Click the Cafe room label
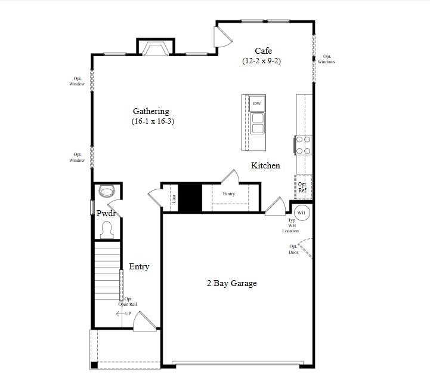(264, 51)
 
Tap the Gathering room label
(151, 111)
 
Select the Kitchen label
(265, 165)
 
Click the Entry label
(139, 267)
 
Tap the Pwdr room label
(106, 213)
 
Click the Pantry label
(228, 193)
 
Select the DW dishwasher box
(257, 104)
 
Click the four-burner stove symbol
(303, 145)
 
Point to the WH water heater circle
(301, 213)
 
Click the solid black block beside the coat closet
(191, 197)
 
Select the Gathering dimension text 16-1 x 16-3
(153, 121)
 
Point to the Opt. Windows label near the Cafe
(326, 59)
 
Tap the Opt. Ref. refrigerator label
(303, 188)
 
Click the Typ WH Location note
(291, 226)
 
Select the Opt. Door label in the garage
(293, 249)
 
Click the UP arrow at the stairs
(123, 314)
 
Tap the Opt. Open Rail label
(128, 302)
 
